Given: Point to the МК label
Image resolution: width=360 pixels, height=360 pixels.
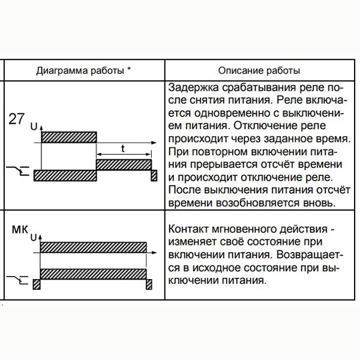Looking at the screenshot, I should (x=22, y=229).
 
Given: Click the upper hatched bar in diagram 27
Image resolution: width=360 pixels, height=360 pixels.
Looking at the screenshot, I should (x=68, y=137).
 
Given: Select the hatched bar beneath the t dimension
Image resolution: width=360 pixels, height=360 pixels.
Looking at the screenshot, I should (x=124, y=164).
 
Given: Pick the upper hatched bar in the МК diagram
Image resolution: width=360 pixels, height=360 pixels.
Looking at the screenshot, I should (x=94, y=247).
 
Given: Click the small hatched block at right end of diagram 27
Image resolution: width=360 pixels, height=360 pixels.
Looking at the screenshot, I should (x=154, y=175).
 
